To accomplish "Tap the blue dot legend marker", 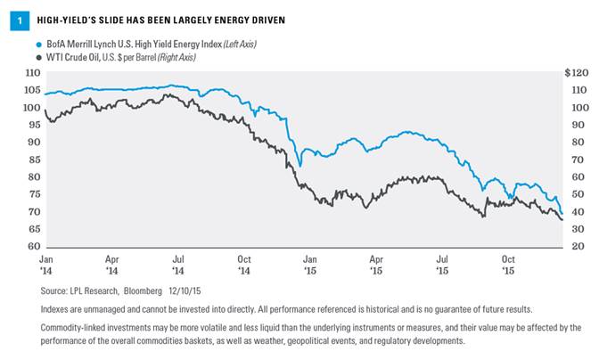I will pos(37,44).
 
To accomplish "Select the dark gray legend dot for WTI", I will pos(37,57).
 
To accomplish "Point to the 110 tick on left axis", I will pos(33,72).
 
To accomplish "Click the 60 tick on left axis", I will pos(35,247).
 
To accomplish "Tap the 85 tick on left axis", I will pos(35,160).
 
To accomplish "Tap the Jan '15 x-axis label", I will pos(309,266).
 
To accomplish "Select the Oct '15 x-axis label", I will pos(508,266).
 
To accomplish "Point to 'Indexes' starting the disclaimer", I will pos(56,308).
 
